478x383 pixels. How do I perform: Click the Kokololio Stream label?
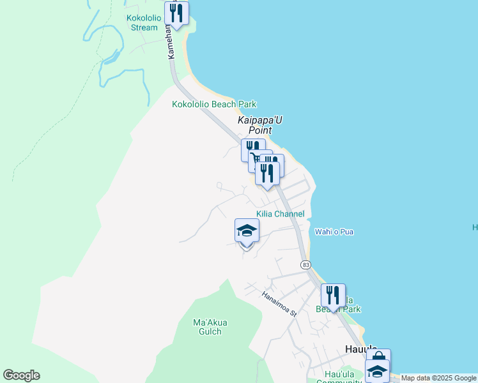coord(144,23)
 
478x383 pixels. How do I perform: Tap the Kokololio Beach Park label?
coord(214,104)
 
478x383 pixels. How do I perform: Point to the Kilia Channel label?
coord(280,214)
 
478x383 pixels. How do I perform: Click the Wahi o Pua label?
coord(334,232)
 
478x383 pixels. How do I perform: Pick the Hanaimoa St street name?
coord(280,304)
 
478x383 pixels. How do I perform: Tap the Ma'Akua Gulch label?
coord(210,327)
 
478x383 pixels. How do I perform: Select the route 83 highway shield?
coord(305,264)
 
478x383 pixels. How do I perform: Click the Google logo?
coord(21,375)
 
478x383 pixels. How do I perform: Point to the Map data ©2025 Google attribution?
coord(439,379)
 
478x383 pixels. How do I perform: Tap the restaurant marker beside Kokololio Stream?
coord(176,13)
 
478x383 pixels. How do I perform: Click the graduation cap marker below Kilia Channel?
coord(247,231)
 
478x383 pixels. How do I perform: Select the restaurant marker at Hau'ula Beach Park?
coord(333,296)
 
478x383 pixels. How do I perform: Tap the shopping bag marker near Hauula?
coord(378,358)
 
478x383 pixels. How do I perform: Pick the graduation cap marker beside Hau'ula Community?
coord(377,371)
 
